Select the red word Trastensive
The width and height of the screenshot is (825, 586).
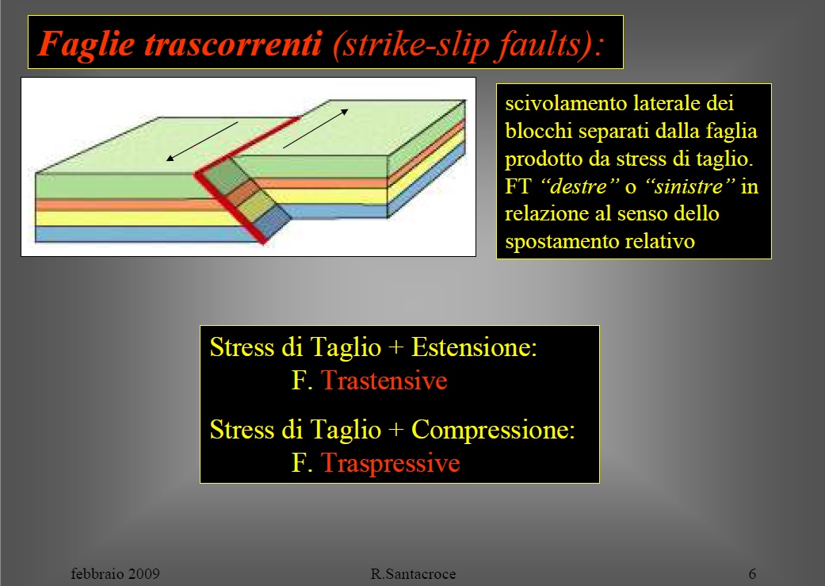384,381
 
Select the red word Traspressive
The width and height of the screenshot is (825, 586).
390,463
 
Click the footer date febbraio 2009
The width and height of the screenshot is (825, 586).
116,573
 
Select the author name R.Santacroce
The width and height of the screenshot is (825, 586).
413,573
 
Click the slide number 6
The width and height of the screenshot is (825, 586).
752,573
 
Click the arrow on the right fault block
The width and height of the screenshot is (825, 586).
315,127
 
